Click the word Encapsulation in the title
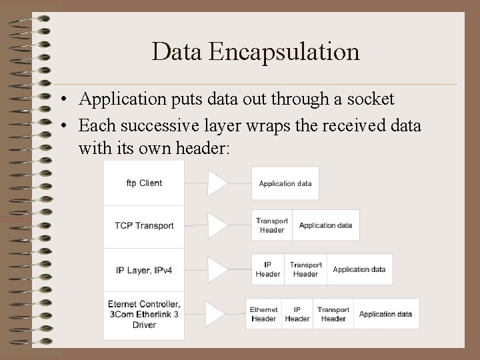(x=284, y=51)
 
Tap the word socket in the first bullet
(x=370, y=99)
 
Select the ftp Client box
(x=144, y=183)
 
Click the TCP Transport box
(x=144, y=226)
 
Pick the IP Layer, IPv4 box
(x=144, y=270)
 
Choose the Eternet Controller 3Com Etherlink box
(x=144, y=315)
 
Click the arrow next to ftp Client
(x=217, y=183)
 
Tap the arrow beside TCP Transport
(x=217, y=225)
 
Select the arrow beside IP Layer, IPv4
(x=217, y=269)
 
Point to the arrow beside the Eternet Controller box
(x=215, y=314)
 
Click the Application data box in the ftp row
(x=285, y=183)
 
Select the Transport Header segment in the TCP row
(x=272, y=225)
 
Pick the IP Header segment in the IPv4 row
(x=268, y=269)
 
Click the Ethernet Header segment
(x=264, y=314)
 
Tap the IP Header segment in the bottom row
(x=297, y=314)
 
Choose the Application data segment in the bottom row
(x=385, y=314)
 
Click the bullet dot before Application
(x=61, y=101)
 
